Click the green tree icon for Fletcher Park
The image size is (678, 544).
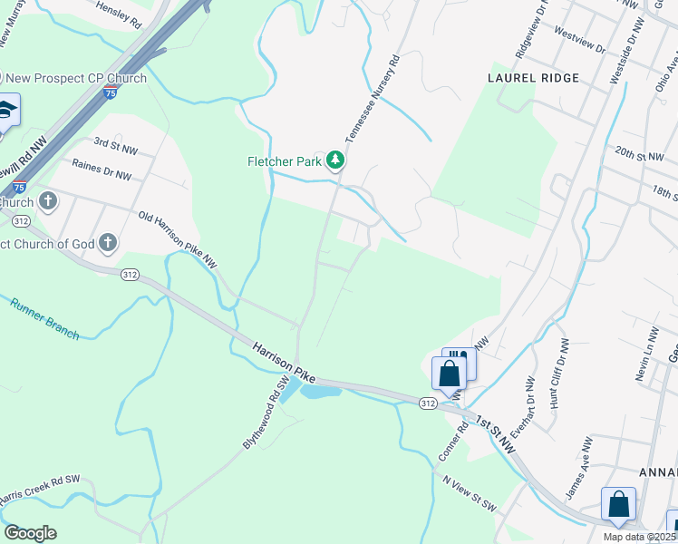pyautogui.click(x=336, y=161)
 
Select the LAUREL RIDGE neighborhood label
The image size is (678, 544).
pyautogui.click(x=533, y=78)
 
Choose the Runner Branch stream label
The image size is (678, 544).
pyautogui.click(x=45, y=319)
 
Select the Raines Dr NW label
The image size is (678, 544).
pyautogui.click(x=102, y=165)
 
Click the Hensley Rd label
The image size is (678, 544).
pyautogui.click(x=119, y=16)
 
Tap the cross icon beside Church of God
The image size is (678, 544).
pyautogui.click(x=108, y=242)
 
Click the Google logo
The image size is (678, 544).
pyautogui.click(x=30, y=533)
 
